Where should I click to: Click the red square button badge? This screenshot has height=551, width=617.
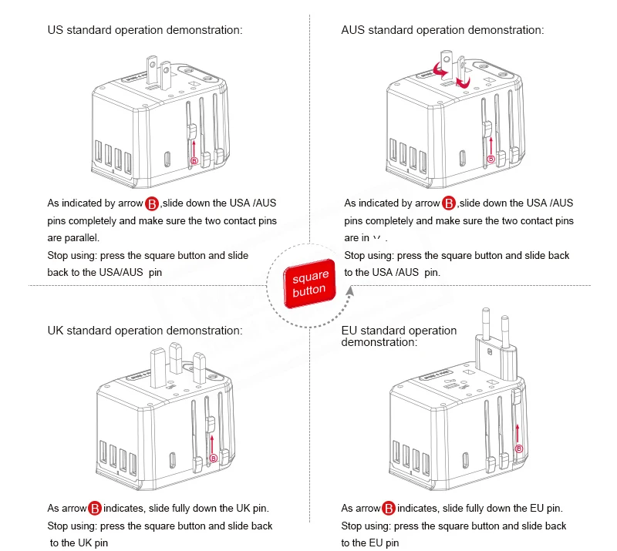[x=309, y=283]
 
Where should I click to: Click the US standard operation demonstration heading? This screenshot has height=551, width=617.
[x=145, y=31]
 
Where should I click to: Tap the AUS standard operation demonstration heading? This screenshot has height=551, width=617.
[x=443, y=31]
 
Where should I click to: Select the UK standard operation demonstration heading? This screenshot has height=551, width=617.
[x=145, y=331]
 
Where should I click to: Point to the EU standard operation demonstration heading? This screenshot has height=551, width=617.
[x=399, y=336]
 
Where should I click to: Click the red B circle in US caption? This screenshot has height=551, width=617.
[x=152, y=204]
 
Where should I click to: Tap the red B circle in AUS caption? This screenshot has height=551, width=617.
[x=449, y=204]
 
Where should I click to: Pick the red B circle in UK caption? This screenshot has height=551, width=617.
[x=94, y=509]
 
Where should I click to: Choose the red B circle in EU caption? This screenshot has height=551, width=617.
[x=389, y=509]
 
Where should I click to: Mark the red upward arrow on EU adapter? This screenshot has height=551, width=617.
[x=518, y=432]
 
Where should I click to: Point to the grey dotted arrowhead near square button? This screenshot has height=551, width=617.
[x=350, y=291]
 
